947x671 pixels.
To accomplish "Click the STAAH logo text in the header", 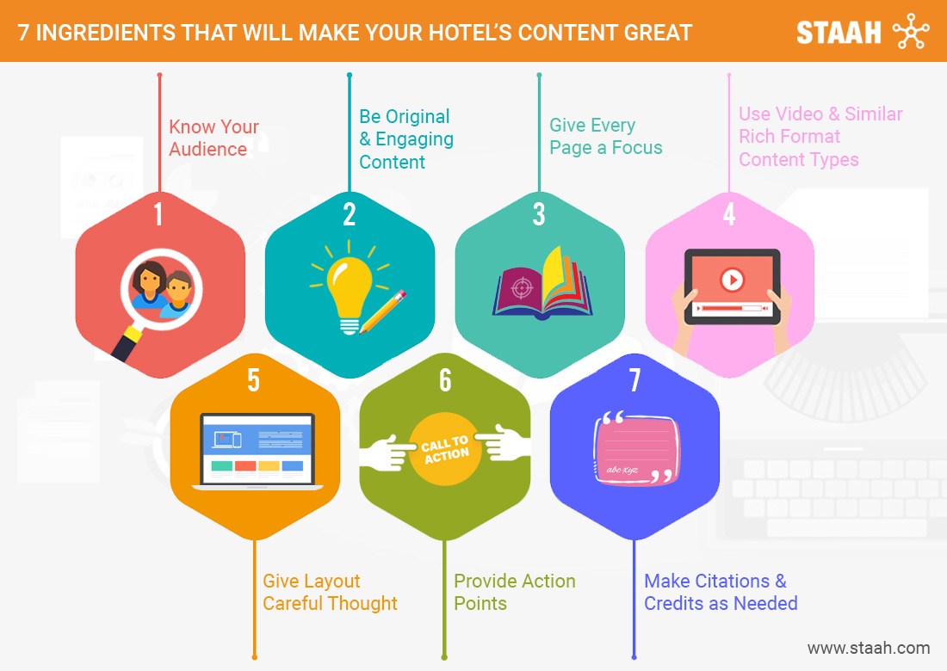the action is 839,33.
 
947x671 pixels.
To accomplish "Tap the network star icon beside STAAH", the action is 911,31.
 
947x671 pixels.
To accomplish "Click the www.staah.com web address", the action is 869,648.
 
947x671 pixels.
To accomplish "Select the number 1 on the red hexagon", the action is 158,214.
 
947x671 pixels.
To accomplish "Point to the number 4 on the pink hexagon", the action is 729,214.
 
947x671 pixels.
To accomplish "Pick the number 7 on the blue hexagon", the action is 634,380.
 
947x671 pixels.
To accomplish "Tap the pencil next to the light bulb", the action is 382,311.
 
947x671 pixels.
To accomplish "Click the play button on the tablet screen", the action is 732,280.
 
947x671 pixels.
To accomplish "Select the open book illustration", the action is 542,284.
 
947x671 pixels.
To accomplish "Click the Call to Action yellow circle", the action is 445,449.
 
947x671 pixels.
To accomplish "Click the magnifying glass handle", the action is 127,344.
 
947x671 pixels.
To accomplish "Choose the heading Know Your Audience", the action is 214,138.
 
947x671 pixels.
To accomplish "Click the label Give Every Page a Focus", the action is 606,136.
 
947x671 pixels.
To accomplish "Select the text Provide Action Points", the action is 515,592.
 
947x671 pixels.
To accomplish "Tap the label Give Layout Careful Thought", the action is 330,592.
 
